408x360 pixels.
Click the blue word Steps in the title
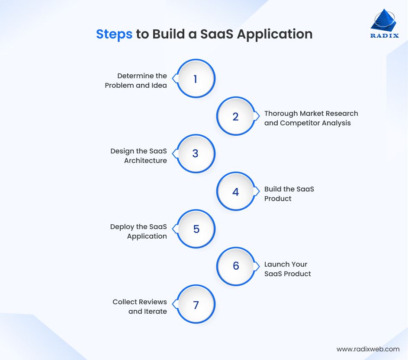point(114,34)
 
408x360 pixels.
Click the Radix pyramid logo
point(383,20)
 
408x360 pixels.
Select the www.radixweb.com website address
point(368,349)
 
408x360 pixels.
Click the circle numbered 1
point(196,79)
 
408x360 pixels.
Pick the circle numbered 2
point(235,116)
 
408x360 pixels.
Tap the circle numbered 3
point(196,153)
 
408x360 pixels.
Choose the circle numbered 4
point(235,191)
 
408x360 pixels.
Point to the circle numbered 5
point(196,229)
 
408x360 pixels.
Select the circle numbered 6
point(235,266)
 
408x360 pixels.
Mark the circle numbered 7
point(196,304)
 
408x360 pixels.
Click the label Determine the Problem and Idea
point(136,81)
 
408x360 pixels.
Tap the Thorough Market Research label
point(311,113)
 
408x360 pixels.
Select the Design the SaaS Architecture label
point(138,156)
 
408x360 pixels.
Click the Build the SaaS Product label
point(289,194)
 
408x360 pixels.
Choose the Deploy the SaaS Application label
point(138,231)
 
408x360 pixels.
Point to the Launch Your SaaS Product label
point(287,269)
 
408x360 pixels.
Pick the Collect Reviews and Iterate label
point(140,306)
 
